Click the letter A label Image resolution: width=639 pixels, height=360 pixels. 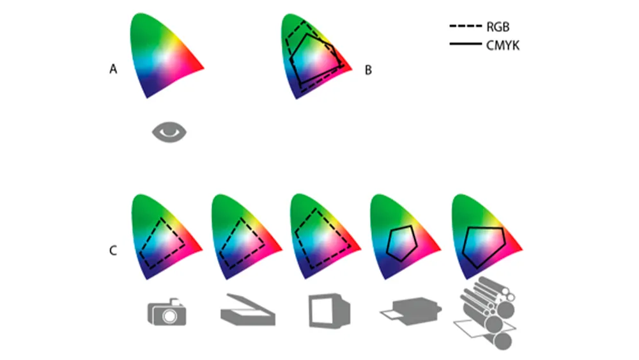pos(113,69)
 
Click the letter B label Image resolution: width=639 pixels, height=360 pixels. pos(368,70)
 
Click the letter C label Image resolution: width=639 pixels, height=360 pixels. pos(113,250)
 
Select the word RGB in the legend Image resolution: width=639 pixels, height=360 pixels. pos(498,27)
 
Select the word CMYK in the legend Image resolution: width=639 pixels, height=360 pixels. pos(503,45)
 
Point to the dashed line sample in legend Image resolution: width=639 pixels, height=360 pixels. pos(465,26)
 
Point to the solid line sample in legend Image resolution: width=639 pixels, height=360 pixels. pos(465,43)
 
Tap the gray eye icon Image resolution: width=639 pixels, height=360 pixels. pos(169,132)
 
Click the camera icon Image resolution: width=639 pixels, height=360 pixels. pos(167,312)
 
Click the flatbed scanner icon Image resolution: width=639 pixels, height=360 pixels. pos(248,309)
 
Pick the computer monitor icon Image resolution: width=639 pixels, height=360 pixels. pos(329,311)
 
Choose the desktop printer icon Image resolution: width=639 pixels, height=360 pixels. pos(411,311)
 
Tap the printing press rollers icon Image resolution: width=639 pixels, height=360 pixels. pos(485,313)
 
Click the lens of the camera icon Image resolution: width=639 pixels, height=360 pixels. pos(169,316)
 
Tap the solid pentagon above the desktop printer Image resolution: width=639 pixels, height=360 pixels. pos(402,243)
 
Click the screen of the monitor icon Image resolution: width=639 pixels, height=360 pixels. pos(325,311)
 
